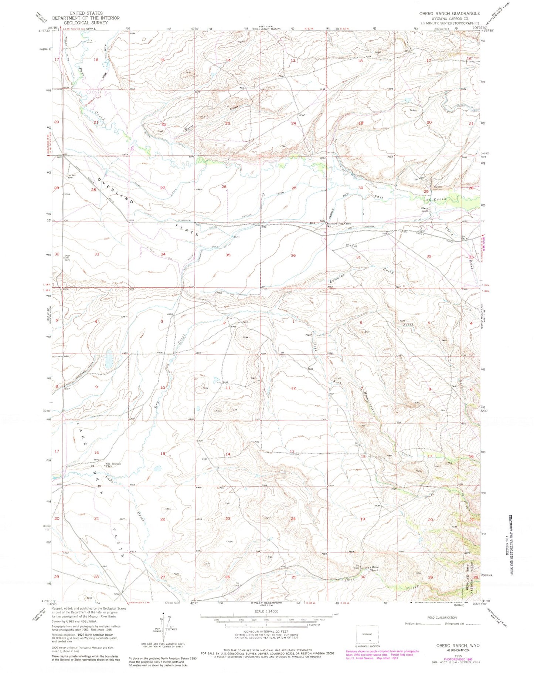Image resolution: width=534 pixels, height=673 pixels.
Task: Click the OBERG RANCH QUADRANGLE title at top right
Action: point(449,13)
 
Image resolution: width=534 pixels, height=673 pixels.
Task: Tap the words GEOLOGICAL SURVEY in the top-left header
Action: point(86,22)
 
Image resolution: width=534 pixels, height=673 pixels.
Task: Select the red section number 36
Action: point(293,255)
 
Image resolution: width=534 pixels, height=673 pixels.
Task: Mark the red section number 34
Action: point(163,254)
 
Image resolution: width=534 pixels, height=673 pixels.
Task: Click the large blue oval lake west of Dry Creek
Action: point(109,359)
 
